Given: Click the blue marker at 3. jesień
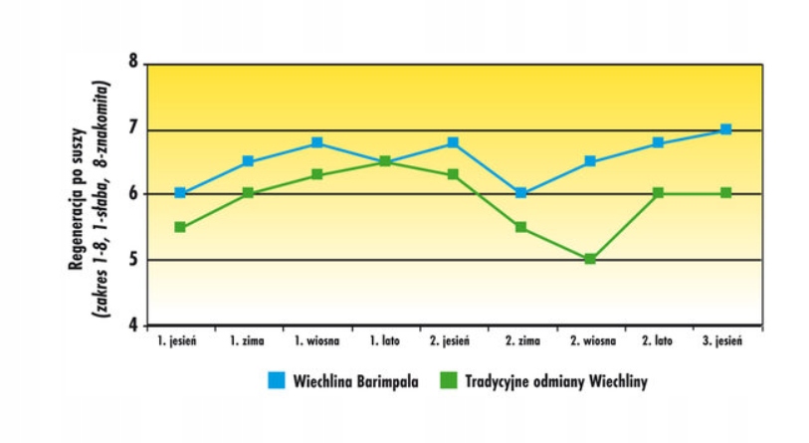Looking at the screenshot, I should (x=725, y=129).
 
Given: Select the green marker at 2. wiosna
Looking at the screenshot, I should (x=590, y=259).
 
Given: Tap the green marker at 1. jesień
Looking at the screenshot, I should (x=180, y=227).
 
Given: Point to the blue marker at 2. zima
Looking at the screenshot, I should (x=521, y=193).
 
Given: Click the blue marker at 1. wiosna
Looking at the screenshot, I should (x=316, y=142).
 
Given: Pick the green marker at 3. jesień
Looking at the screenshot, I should (x=725, y=193).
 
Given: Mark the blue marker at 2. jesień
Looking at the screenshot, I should (x=453, y=142).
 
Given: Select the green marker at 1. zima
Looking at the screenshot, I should (x=248, y=193).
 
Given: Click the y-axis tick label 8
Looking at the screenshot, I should (x=133, y=64).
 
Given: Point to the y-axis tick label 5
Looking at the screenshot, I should (x=133, y=260).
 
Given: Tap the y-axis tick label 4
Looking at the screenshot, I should (x=133, y=326).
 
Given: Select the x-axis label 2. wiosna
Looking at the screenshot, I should (x=590, y=341).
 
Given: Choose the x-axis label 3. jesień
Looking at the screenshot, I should (x=725, y=341).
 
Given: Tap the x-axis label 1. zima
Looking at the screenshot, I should (x=248, y=341).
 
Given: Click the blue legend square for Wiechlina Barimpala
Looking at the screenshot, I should (x=276, y=381).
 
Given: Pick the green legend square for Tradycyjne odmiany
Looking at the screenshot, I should (x=450, y=381).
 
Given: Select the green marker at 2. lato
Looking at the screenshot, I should (x=658, y=193).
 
